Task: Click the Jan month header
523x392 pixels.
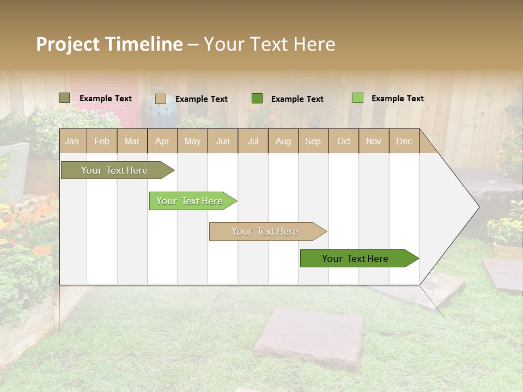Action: coord(72,142)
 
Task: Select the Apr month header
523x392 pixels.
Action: coord(162,142)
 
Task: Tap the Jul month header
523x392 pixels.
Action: coord(253,142)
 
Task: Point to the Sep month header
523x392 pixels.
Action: coord(313,142)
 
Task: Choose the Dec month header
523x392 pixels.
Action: coord(404,142)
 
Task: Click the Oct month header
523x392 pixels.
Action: coord(344,142)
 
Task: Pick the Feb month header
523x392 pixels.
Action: coord(102,142)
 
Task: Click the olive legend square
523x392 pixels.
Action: coord(65,98)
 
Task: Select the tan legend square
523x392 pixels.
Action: coord(160,99)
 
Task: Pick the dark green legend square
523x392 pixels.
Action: coord(257,99)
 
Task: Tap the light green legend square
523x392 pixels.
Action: coord(357,98)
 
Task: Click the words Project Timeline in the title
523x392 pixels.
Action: coord(109,44)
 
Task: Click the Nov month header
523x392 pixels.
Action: coord(373,142)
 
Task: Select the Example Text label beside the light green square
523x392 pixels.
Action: coord(397,99)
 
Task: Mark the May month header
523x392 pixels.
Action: coord(192,142)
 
